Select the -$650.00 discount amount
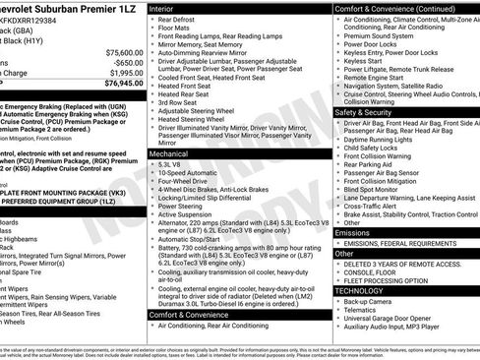[x=126, y=62]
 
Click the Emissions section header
[x=353, y=232]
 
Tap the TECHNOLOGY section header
[x=358, y=291]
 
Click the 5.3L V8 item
[x=172, y=165]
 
